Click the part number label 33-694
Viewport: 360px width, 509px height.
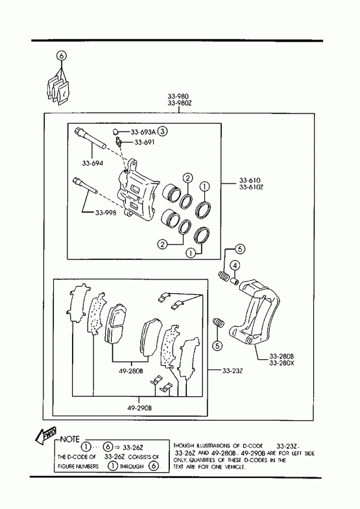tap(93, 163)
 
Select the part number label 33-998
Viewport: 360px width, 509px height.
tap(106, 213)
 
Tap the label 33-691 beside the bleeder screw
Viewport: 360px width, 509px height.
tap(145, 142)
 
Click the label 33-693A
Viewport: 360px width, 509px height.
tap(143, 132)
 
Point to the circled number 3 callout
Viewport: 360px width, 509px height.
tap(163, 132)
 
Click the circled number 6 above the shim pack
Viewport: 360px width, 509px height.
tap(62, 56)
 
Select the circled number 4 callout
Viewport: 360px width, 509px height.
tap(235, 266)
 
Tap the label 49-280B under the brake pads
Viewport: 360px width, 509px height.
tap(131, 371)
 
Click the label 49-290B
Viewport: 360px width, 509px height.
tap(139, 408)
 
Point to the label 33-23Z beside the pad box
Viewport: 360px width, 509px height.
tap(232, 370)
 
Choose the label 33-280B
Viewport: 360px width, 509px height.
tap(282, 356)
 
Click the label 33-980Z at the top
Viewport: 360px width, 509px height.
tap(178, 103)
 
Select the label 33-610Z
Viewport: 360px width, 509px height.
tap(250, 187)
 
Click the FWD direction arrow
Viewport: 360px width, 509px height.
tap(46, 434)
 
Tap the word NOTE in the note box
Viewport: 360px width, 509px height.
tap(70, 440)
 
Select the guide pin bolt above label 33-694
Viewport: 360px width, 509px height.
tap(90, 138)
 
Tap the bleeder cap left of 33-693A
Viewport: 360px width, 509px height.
tap(115, 132)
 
